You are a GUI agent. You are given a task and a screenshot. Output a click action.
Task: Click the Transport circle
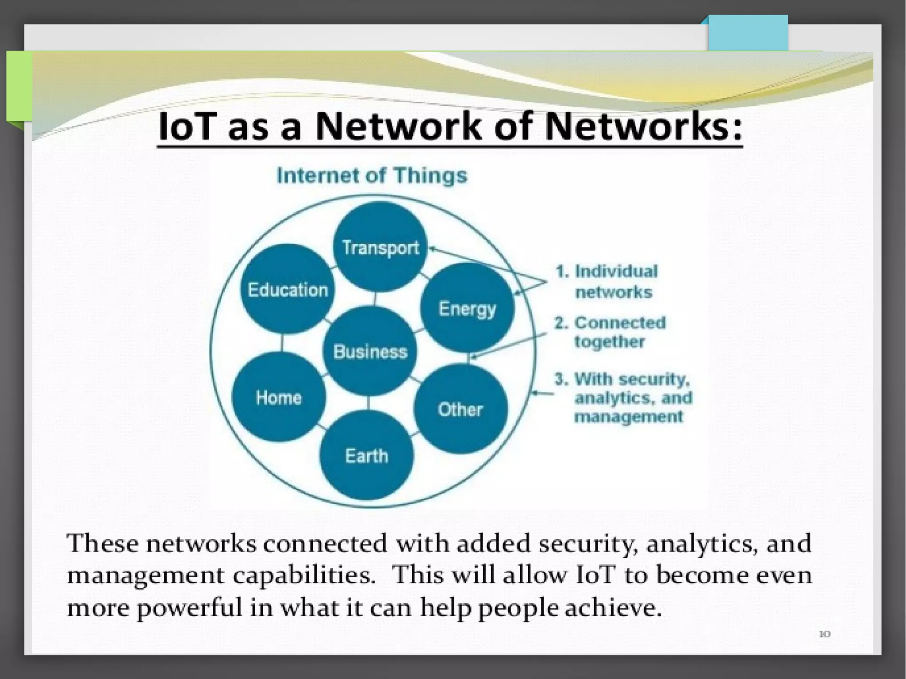click(x=380, y=247)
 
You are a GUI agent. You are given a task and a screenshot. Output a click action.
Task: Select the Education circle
click(x=288, y=289)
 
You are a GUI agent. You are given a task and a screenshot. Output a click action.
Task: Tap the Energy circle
click(x=467, y=308)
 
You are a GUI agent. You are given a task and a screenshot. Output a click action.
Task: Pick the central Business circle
click(x=370, y=351)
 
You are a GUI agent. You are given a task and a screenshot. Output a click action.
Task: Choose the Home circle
click(x=279, y=397)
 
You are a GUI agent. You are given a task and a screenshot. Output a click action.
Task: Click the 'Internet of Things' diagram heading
click(x=372, y=175)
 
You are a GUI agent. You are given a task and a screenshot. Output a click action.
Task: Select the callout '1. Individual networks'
click(x=610, y=281)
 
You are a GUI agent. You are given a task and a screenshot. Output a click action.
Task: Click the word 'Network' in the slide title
click(x=397, y=127)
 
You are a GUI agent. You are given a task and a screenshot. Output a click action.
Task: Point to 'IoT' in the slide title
click(x=186, y=127)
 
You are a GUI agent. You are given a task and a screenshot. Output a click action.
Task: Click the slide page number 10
click(x=825, y=634)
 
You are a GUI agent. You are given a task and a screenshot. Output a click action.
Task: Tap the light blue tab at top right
click(x=748, y=34)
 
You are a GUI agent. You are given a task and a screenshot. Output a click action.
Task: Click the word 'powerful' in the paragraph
click(x=189, y=608)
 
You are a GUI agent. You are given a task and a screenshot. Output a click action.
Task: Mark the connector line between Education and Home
click(x=282, y=343)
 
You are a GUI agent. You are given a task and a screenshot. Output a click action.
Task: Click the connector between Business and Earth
click(x=368, y=403)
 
